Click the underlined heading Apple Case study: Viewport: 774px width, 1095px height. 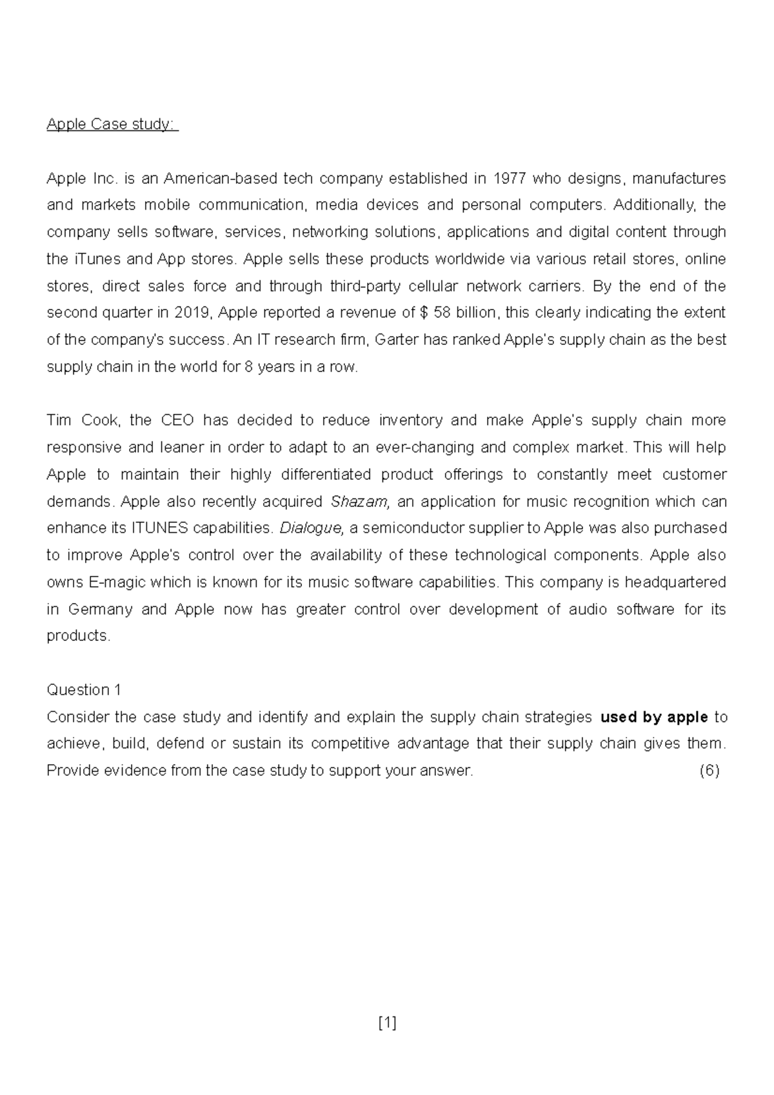(112, 124)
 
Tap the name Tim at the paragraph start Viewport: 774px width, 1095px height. (59, 420)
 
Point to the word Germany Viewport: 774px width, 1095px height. (100, 609)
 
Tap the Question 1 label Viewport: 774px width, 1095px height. (84, 690)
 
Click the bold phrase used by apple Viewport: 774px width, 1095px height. (654, 717)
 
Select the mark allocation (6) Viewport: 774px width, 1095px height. (709, 771)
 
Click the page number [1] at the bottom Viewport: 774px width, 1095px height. (387, 1023)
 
